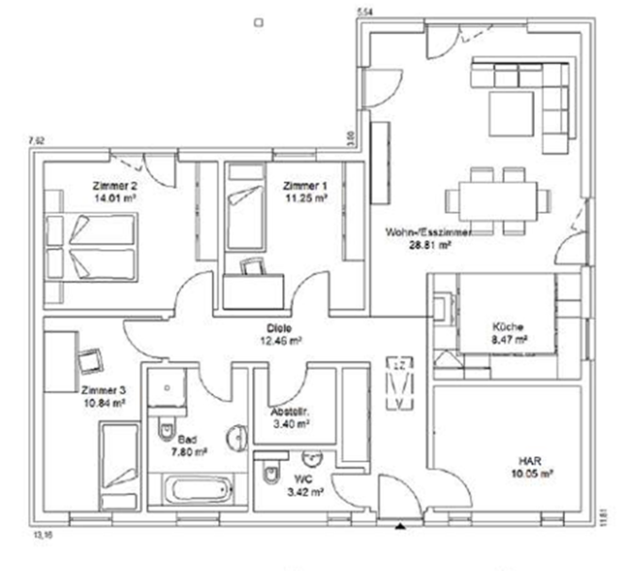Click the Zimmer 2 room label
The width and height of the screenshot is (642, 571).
[116, 185]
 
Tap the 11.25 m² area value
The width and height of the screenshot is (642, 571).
[307, 198]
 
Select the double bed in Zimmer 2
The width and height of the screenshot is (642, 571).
[94, 246]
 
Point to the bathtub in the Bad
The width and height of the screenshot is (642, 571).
[198, 489]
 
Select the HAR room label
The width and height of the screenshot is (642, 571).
[530, 462]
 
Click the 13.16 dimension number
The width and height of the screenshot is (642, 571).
[43, 534]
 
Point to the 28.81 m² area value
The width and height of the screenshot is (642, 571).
[432, 243]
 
